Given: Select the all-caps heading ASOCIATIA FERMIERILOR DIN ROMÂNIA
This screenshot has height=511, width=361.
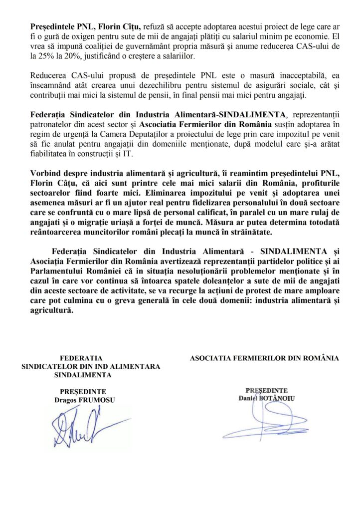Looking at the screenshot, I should pos(264,358).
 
